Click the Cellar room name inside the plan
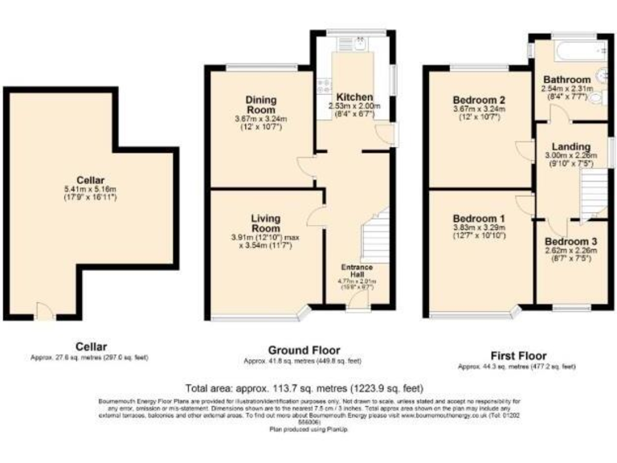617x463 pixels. coord(90,179)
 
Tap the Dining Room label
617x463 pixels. coord(261,104)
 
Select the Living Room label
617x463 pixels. coord(266,223)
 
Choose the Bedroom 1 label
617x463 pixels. coord(479,218)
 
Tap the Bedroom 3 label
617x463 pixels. coord(570,240)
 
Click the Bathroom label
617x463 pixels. coord(567,80)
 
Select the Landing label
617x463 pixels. coord(571,145)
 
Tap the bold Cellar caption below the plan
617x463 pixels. coord(89,346)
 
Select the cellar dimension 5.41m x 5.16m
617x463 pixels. coord(90,189)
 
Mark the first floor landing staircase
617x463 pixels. coord(593,193)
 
